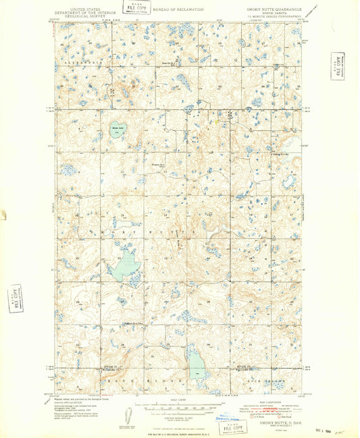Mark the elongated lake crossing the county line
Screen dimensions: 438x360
pos(197,365)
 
